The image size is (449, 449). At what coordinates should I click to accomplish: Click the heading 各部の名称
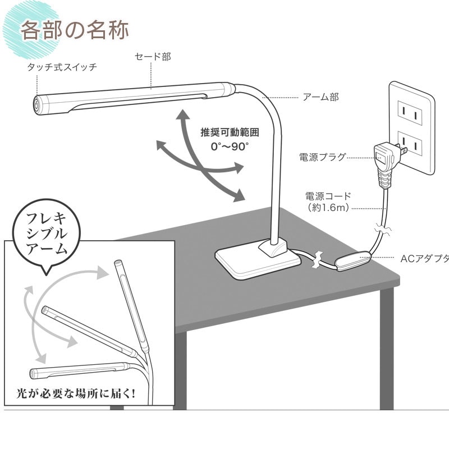tap(75, 30)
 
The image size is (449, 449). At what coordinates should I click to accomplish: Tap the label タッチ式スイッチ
tap(62, 67)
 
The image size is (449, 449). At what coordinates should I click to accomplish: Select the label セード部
tap(153, 57)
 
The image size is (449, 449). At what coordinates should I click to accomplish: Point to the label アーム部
tap(320, 97)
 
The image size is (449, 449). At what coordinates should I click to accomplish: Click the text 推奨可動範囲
tap(230, 132)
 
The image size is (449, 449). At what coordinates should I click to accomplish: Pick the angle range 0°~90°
tap(230, 146)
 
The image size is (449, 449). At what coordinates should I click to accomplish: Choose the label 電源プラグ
tap(322, 157)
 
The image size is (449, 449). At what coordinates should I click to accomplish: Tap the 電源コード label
tap(328, 196)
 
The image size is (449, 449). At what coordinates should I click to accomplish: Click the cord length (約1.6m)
tap(328, 207)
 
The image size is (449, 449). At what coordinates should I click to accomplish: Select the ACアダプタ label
tap(424, 259)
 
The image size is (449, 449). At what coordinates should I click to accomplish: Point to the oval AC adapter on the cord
tap(354, 260)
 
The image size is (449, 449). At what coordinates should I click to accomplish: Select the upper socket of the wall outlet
tap(410, 113)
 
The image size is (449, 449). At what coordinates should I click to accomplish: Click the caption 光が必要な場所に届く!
tap(76, 393)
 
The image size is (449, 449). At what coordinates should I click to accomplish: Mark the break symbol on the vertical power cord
tap(383, 229)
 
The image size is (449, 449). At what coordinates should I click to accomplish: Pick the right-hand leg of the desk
tap(387, 348)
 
